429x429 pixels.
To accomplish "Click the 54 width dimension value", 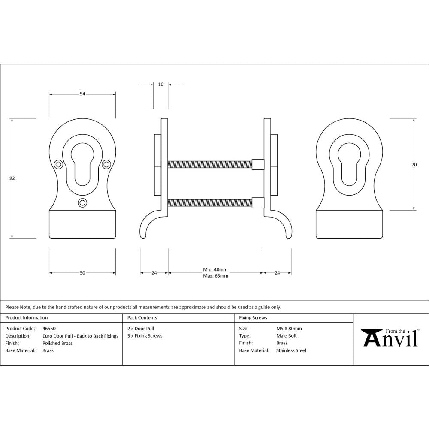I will coord(82,94).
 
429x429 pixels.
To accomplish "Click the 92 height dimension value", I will coord(12,178).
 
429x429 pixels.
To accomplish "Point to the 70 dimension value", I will coord(414,165).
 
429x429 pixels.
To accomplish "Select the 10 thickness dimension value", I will coord(161,85).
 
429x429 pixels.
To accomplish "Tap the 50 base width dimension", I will coord(82,273).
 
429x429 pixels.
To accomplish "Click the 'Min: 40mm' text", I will coord(215,270).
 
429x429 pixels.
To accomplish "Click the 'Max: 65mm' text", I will coord(215,276).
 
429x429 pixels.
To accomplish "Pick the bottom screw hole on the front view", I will coord(82,202).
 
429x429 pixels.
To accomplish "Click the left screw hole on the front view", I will coord(58,163).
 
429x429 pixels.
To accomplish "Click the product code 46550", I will coord(49,329).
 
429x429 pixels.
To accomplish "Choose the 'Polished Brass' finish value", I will coord(57,343).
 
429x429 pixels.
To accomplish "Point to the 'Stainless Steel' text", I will coord(291,350).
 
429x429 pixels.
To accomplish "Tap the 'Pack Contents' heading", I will coord(142,318).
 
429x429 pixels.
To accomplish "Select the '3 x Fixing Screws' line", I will coord(145,336).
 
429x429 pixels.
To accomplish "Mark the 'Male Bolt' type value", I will coord(286,336).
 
